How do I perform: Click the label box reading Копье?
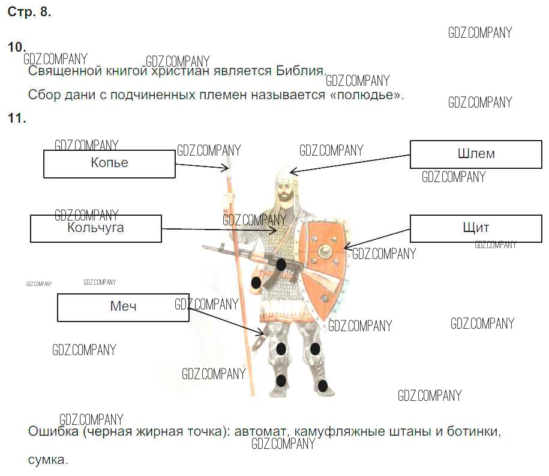tap(109, 163)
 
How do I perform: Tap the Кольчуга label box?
tap(96, 228)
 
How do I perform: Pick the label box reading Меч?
tap(123, 307)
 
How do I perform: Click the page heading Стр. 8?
tap(29, 13)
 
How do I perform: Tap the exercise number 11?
tap(17, 118)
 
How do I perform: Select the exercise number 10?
tap(17, 47)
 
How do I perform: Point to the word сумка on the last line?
tap(48, 460)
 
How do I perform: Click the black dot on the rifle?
tap(281, 264)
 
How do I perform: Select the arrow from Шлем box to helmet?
tap(350, 161)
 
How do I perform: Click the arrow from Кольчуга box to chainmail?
tap(219, 229)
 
